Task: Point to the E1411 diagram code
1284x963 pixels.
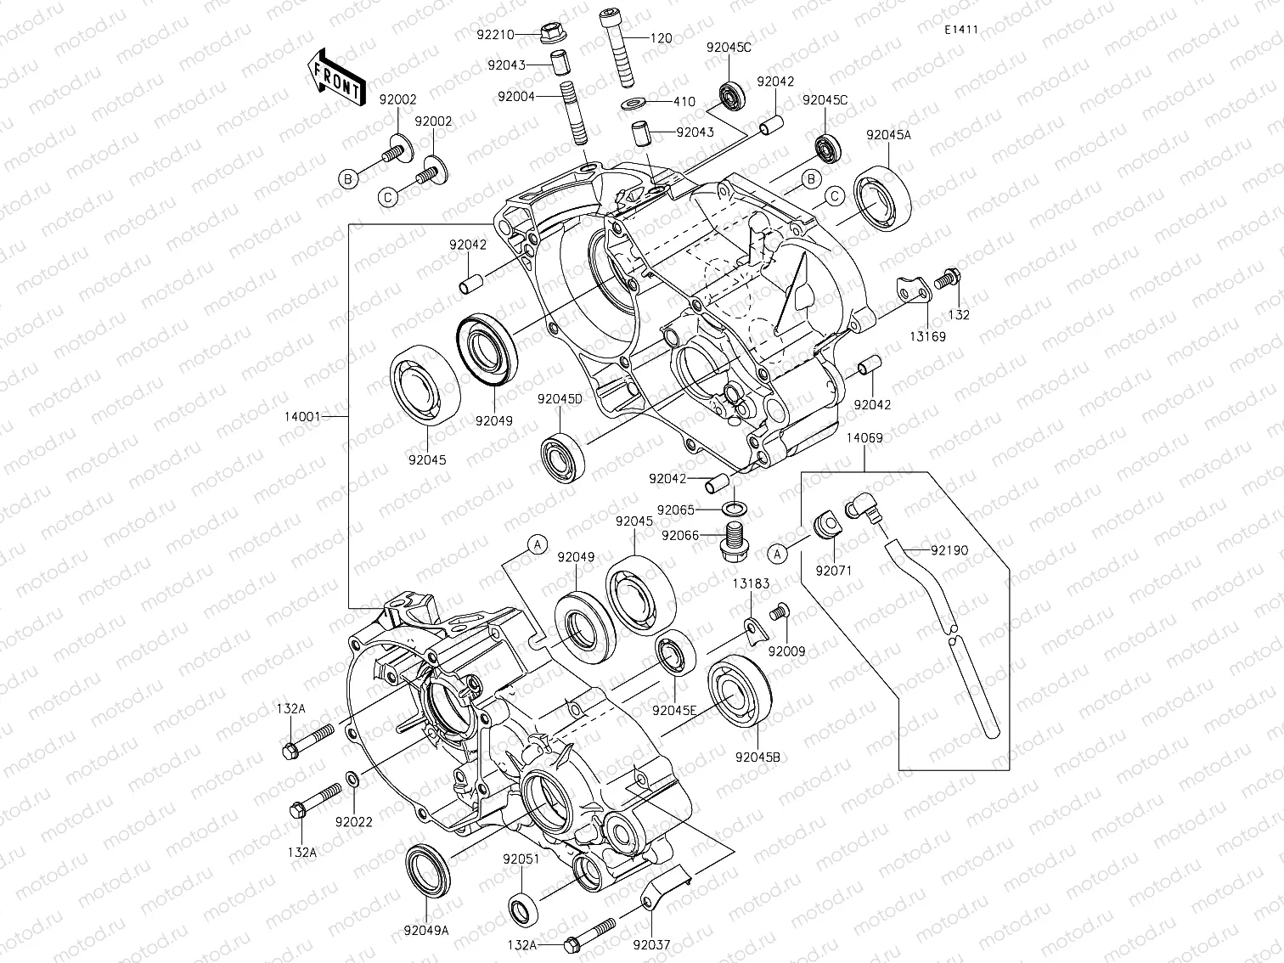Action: [960, 30]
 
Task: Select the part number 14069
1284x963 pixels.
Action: [864, 438]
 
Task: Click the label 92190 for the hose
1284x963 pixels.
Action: [949, 550]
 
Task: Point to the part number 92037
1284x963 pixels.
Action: [650, 943]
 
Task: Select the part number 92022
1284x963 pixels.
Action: [353, 821]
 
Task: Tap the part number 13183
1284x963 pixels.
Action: [752, 583]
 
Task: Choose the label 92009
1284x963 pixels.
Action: [786, 651]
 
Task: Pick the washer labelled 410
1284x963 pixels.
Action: [633, 103]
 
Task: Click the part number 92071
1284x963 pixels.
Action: [833, 572]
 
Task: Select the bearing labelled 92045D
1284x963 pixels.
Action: [560, 456]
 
